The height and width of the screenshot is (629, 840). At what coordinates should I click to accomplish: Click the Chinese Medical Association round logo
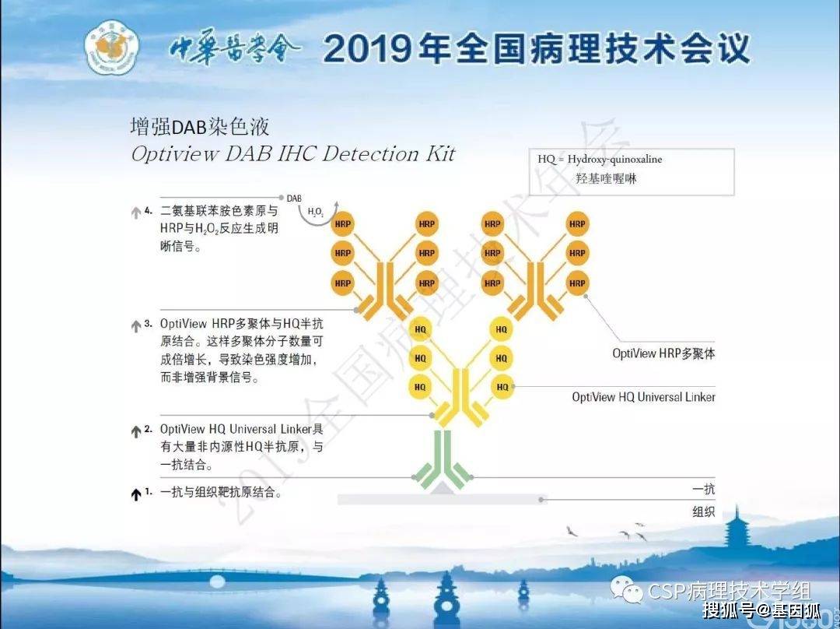[x=112, y=47]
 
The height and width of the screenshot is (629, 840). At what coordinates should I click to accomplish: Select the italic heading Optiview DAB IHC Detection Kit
[x=292, y=154]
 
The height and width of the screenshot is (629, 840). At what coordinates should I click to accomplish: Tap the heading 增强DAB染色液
[x=199, y=127]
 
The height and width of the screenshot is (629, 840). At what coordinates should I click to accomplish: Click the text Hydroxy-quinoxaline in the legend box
[x=614, y=160]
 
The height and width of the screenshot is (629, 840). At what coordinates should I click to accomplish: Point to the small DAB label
[x=294, y=199]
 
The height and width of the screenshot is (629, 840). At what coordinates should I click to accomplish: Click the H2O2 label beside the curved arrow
[x=316, y=213]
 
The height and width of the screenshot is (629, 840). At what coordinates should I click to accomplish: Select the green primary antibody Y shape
[x=443, y=459]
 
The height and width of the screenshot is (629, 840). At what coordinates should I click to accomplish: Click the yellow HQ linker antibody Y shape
[x=460, y=397]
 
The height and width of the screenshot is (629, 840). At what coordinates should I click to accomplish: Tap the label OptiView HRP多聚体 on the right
[x=663, y=353]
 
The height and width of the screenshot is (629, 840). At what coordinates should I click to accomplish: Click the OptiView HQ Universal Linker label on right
[x=643, y=397]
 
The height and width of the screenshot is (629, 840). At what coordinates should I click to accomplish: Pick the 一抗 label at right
[x=703, y=489]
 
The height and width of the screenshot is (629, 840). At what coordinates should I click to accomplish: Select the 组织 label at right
[x=703, y=511]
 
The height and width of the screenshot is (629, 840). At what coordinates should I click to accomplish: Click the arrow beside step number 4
[x=136, y=213]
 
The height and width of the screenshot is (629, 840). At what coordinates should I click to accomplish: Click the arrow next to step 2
[x=136, y=432]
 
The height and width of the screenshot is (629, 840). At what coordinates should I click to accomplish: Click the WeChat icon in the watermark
[x=626, y=590]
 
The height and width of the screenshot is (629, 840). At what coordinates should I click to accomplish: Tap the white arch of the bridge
[x=217, y=582]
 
